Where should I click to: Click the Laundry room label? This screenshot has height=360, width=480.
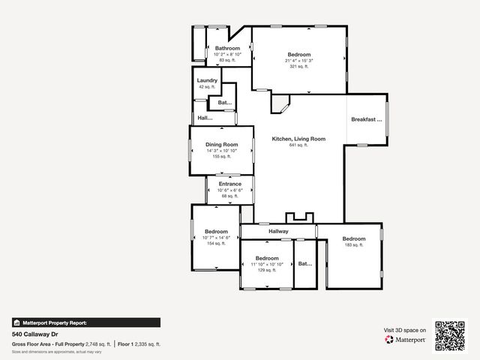point(207,80)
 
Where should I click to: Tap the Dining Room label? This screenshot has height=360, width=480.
point(222,145)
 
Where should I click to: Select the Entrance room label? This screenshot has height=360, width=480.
point(230,184)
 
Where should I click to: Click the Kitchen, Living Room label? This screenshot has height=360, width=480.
point(298,139)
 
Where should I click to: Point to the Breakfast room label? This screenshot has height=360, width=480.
point(367,119)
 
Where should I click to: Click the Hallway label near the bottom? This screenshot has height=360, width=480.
point(278,232)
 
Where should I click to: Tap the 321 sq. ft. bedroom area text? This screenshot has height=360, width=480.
point(298,67)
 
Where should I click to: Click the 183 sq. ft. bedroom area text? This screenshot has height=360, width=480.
point(353,245)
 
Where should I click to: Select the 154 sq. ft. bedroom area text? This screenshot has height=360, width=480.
point(216,244)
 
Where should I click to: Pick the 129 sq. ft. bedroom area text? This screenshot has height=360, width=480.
point(267,270)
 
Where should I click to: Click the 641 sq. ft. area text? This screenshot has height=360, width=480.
point(298,145)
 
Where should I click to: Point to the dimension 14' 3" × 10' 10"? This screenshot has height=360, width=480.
point(222,151)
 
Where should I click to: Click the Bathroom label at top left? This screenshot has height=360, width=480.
point(227,48)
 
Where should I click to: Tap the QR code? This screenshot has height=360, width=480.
point(451,337)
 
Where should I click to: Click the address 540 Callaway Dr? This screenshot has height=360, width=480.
point(34,334)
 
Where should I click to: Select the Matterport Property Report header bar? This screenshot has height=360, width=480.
point(85,322)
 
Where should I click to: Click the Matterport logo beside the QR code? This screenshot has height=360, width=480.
point(406,340)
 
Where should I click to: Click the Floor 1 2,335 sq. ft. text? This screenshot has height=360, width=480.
point(139,343)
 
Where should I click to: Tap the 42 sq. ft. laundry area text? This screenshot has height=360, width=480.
point(207,87)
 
